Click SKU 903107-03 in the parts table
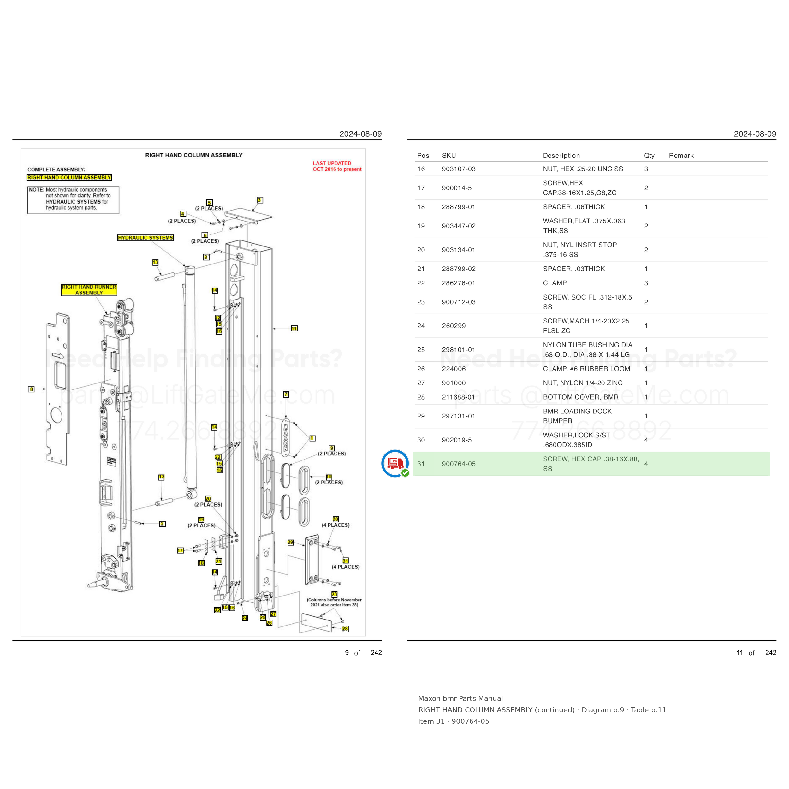click(459, 169)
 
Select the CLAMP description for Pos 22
click(555, 283)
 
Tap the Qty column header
click(649, 156)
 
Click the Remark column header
click(681, 156)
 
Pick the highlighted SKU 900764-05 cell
click(459, 464)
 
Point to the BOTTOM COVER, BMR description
click(580, 397)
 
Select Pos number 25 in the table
click(421, 350)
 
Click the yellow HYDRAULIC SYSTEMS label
click(145, 238)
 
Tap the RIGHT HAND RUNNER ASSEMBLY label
click(89, 290)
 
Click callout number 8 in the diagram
click(31, 389)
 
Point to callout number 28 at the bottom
click(345, 629)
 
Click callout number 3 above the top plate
click(260, 200)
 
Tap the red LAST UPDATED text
click(337, 166)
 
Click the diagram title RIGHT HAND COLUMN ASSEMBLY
click(194, 155)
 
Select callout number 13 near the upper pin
click(155, 262)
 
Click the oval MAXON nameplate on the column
click(286, 437)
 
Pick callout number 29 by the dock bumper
click(290, 542)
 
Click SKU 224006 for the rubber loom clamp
click(454, 369)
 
